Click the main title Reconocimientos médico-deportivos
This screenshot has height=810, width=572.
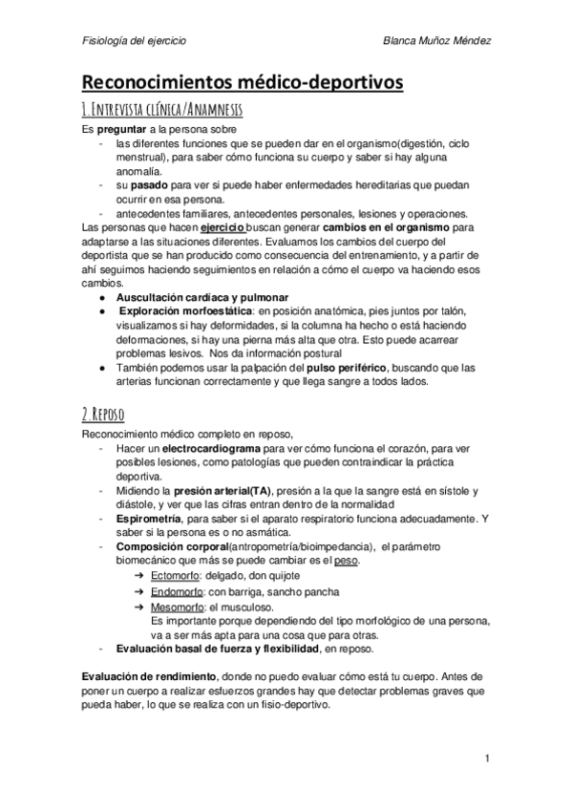(242, 84)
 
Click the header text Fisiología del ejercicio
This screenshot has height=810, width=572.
(134, 42)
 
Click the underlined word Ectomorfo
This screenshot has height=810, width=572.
(177, 576)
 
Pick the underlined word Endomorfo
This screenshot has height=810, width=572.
(179, 591)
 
